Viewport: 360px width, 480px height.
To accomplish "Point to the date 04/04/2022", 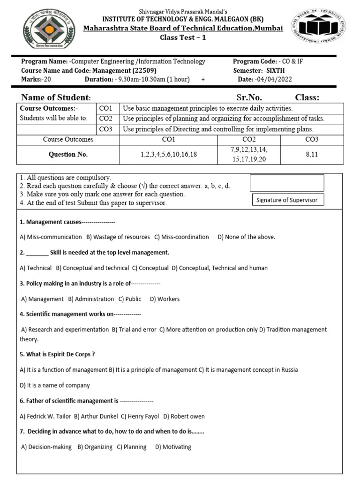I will coord(274,79).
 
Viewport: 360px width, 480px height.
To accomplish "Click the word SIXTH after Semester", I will coord(277,70).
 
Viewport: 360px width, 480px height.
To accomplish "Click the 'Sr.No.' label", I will coord(249,97).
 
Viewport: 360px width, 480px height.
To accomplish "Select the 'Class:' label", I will coord(307,97).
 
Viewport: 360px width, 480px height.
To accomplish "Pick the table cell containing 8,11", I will coord(311,154).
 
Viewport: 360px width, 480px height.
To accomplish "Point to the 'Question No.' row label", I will coord(68,154).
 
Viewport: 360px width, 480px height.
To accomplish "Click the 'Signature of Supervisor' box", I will coord(287,200).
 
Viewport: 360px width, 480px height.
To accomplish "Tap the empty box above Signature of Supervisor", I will coord(287,183).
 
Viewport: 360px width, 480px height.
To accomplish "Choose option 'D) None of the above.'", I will coord(247,237).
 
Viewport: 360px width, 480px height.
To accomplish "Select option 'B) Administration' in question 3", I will coord(91,299).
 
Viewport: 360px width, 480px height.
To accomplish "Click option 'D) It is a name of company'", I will coord(55,385).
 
